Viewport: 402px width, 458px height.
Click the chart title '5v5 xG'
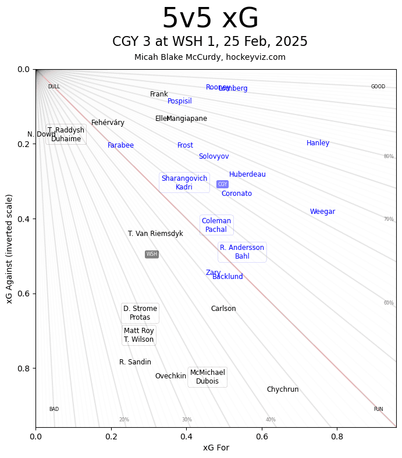tap(210, 19)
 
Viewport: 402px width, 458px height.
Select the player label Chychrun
tap(283, 389)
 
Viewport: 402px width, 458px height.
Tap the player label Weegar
tap(322, 212)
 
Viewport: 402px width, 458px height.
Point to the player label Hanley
tap(318, 143)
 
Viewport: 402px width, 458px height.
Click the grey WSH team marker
tap(152, 254)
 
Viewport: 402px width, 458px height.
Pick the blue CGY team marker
tap(222, 184)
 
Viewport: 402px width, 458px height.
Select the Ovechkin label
tap(170, 376)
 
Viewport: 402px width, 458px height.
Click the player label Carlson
tap(223, 309)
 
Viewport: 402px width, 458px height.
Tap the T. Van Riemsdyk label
tap(155, 234)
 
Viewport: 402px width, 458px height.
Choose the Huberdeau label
tap(247, 174)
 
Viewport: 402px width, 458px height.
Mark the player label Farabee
tap(120, 145)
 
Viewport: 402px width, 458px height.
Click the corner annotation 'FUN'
tap(378, 409)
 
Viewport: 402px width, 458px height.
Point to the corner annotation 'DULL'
tap(54, 87)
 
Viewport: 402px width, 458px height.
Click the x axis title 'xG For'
tap(216, 448)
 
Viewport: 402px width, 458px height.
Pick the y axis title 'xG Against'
tap(9, 249)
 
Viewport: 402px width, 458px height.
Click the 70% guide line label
tap(389, 219)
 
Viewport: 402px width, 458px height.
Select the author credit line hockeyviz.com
tap(210, 57)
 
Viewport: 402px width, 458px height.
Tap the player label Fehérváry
tap(108, 123)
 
